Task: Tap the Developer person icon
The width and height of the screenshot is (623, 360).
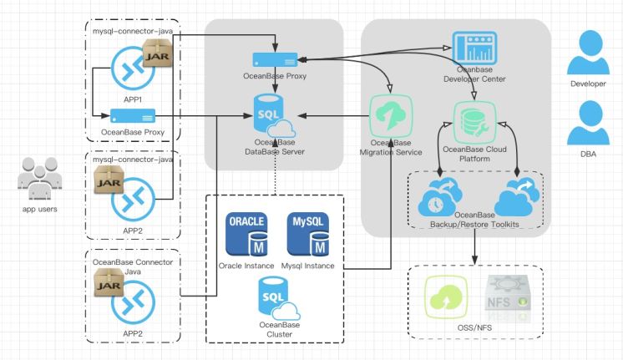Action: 587,57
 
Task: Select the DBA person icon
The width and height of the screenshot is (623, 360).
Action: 587,124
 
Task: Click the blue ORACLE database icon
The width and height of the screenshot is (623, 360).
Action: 246,236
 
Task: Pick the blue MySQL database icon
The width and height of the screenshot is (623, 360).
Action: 308,236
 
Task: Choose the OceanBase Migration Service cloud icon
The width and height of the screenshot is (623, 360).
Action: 390,116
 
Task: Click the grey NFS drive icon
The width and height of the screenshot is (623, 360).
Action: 503,296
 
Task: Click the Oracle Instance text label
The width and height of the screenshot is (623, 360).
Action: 246,266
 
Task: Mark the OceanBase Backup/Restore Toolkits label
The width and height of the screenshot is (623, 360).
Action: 474,221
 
